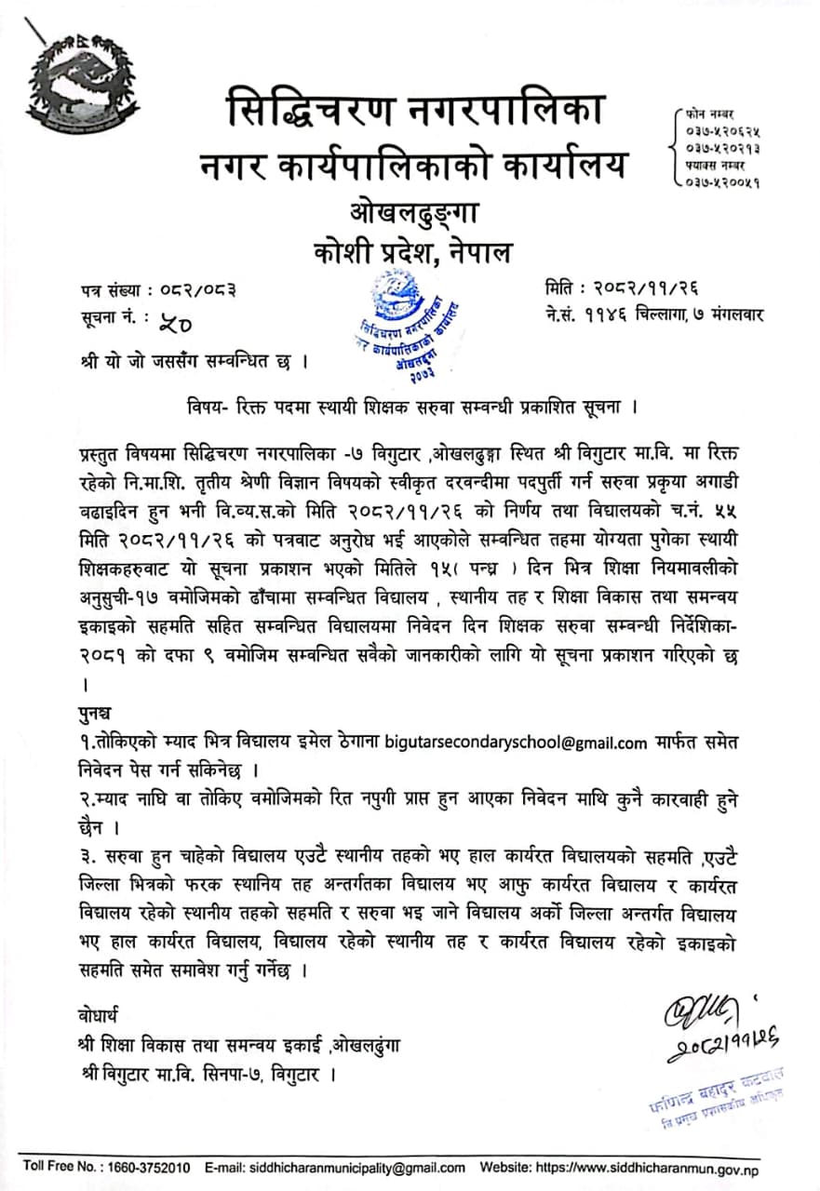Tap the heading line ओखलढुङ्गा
click(x=414, y=214)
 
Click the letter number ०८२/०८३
click(x=192, y=289)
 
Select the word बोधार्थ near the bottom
click(x=100, y=1014)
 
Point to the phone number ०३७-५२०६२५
click(x=722, y=131)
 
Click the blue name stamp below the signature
click(x=716, y=1088)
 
